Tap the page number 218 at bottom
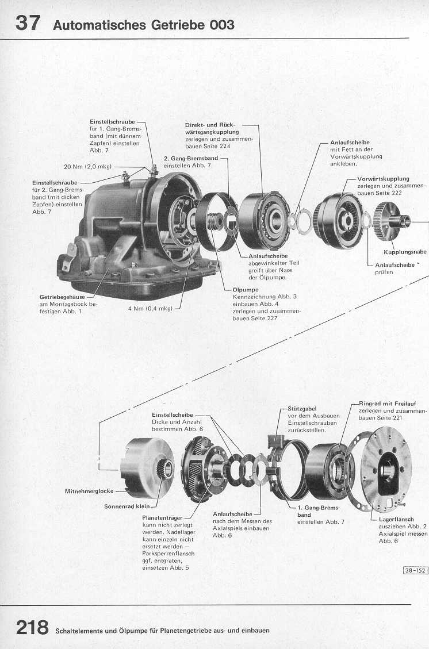coord(32,628)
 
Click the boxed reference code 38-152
coord(415,571)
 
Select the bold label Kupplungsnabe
coord(405,252)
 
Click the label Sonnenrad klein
coord(127,506)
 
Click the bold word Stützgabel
coord(301,409)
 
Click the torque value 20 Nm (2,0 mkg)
coord(89,167)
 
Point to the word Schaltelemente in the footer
coord(81,631)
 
